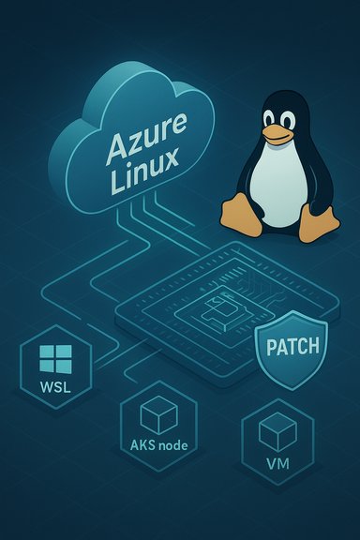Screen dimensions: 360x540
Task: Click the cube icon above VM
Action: click(x=277, y=431)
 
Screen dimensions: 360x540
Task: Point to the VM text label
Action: click(x=277, y=463)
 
